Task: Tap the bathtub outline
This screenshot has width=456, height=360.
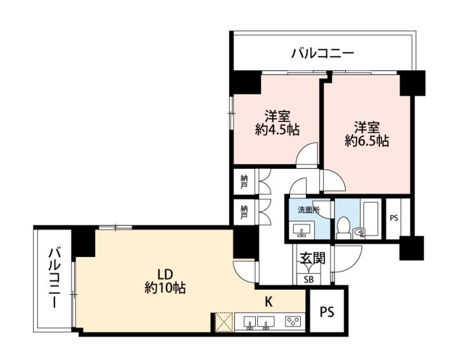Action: pyautogui.click(x=370, y=218)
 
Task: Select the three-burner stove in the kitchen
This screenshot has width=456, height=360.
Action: pyautogui.click(x=293, y=321)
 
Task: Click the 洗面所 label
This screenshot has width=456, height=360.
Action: pyautogui.click(x=309, y=210)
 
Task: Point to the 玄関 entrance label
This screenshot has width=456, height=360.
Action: pyautogui.click(x=312, y=258)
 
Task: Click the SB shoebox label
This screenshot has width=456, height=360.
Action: pyautogui.click(x=309, y=280)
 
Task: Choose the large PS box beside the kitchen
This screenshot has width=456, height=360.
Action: pyautogui.click(x=327, y=312)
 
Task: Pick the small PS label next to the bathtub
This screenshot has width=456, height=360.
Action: pyautogui.click(x=394, y=218)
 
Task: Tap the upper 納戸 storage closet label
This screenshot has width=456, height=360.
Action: pyautogui.click(x=244, y=182)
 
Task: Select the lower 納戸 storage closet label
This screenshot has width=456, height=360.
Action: pyautogui.click(x=244, y=212)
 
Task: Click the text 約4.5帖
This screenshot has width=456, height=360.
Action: pyautogui.click(x=277, y=130)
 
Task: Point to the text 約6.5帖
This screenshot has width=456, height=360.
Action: pyautogui.click(x=367, y=141)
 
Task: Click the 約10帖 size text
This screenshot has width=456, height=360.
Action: pyautogui.click(x=165, y=288)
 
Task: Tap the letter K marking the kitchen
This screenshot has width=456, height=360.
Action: pyautogui.click(x=269, y=302)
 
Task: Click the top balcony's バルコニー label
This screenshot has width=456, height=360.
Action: pyautogui.click(x=323, y=53)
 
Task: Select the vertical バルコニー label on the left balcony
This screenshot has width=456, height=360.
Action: pyautogui.click(x=54, y=278)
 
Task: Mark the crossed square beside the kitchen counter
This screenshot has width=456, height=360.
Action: pyautogui.click(x=224, y=322)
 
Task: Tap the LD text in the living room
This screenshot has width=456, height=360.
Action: pyautogui.click(x=165, y=274)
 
